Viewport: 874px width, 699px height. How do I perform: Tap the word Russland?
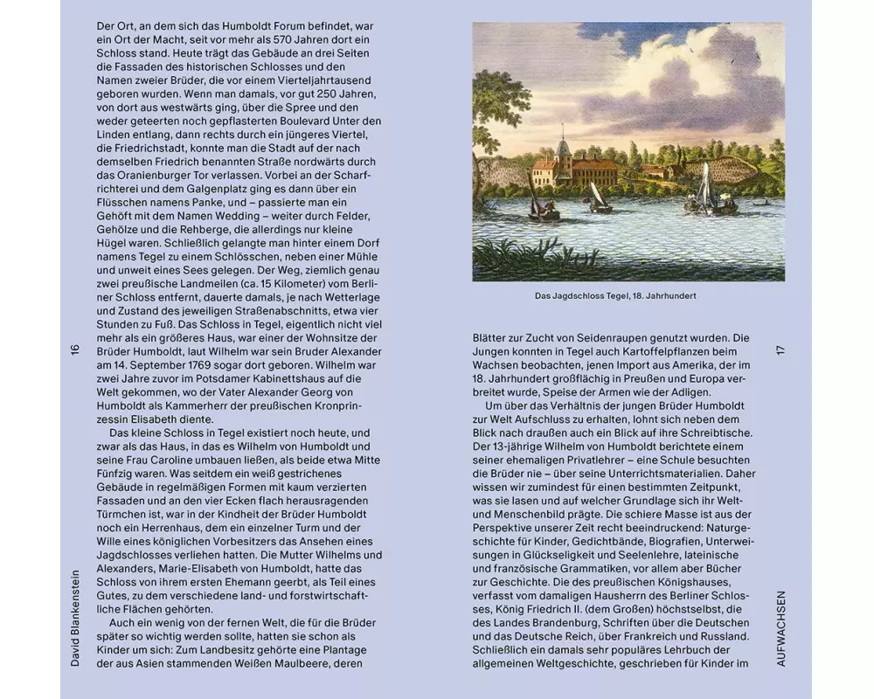point(725,636)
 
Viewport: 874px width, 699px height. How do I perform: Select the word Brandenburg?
point(546,623)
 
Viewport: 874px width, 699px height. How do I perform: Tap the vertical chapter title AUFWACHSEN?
point(780,628)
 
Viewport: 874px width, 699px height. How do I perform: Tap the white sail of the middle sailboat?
point(596,194)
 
